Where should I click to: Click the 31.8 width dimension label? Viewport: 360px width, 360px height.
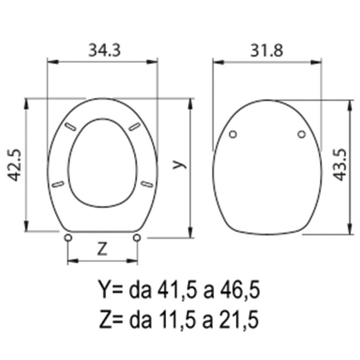(267, 51)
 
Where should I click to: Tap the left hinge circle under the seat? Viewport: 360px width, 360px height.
(68, 237)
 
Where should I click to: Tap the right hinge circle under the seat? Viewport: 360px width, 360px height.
(137, 237)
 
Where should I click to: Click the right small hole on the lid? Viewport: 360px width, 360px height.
(301, 134)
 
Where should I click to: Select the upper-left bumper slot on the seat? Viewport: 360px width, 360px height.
(71, 127)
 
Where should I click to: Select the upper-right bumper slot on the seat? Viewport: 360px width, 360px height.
(134, 127)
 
